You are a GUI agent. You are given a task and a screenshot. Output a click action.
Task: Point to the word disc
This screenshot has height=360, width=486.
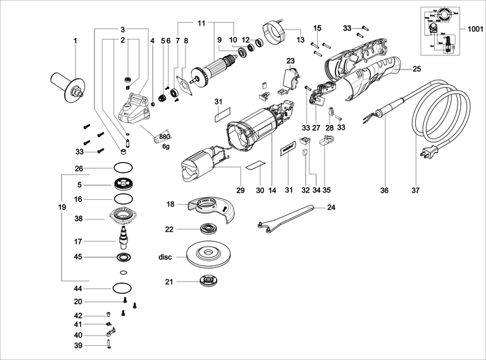click(x=166, y=257)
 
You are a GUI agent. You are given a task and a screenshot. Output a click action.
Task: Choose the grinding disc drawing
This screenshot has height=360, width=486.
click(x=208, y=256)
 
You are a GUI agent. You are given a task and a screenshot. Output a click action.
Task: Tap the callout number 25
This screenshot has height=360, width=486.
click(x=416, y=69)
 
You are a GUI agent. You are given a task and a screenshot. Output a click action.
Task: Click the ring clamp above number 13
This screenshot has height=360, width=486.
click(x=275, y=32)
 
